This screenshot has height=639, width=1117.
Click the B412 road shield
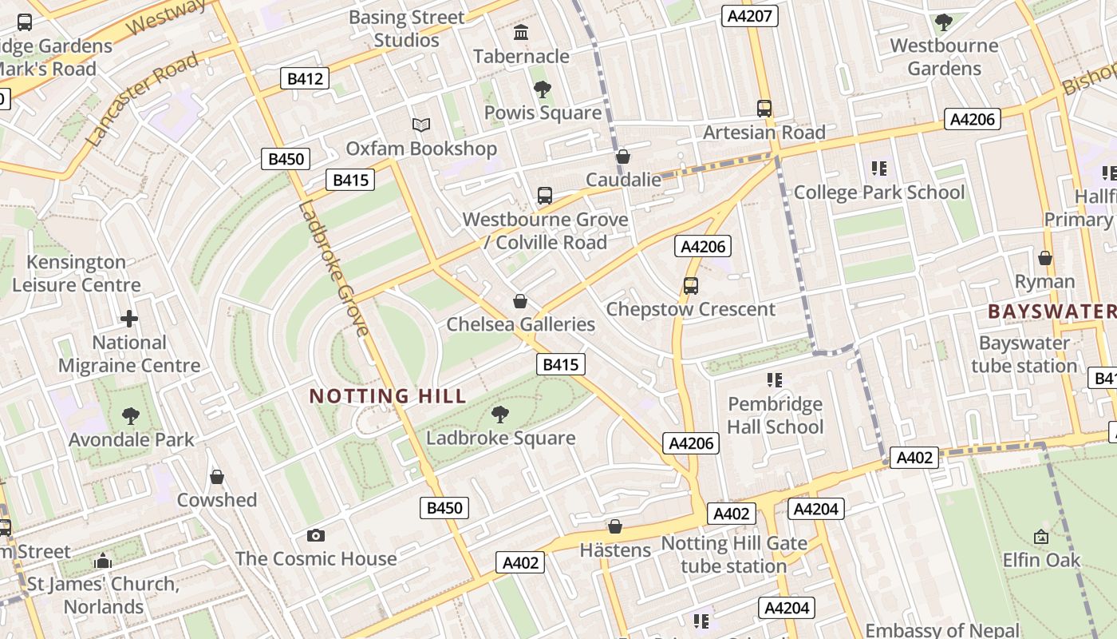[x=305, y=78]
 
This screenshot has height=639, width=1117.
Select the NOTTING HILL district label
[x=388, y=396]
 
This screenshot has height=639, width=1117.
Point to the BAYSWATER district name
[x=1050, y=312]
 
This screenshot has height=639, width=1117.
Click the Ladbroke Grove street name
[x=334, y=270]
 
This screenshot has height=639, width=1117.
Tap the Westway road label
[x=166, y=18]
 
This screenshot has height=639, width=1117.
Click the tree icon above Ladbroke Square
[x=500, y=415]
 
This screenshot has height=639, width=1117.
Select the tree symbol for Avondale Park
[x=131, y=416]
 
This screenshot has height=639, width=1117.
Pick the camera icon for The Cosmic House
[x=316, y=535]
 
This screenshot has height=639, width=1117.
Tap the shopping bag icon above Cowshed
[x=217, y=477]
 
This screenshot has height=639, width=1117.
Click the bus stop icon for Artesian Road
[x=764, y=109]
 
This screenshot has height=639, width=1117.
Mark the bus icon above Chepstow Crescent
[x=691, y=286]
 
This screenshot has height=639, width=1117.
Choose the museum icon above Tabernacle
[x=522, y=33]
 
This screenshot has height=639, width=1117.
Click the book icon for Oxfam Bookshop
[x=421, y=125]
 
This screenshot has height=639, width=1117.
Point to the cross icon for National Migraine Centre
[x=129, y=319]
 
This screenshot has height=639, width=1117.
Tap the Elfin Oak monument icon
[x=1041, y=537]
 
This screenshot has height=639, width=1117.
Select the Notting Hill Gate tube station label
[x=734, y=555]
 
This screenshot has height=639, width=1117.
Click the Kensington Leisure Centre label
[x=77, y=273]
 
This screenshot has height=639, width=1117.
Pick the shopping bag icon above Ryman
[x=1044, y=258]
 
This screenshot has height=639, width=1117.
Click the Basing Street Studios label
[x=407, y=29]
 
